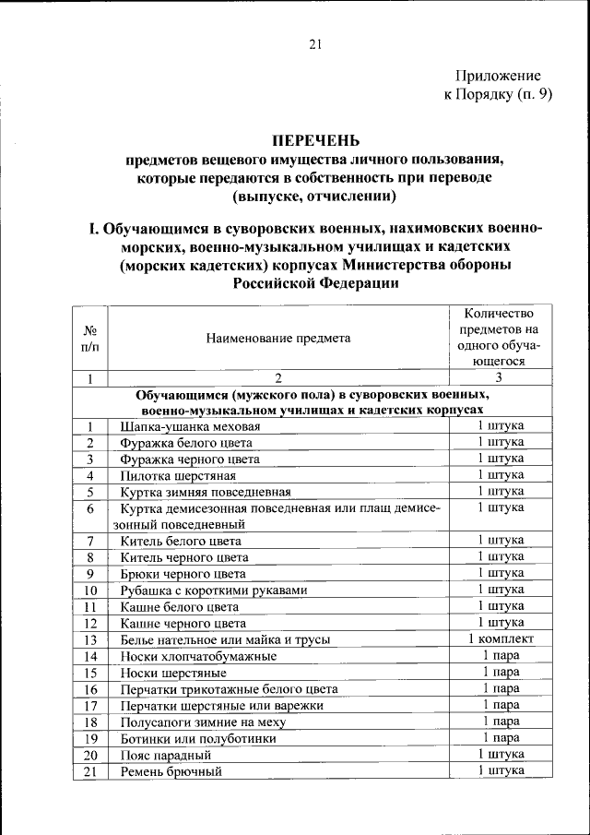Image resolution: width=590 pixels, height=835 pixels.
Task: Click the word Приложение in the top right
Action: coord(498,76)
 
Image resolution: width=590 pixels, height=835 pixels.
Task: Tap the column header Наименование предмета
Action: coord(278,338)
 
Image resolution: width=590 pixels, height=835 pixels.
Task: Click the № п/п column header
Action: coord(90,338)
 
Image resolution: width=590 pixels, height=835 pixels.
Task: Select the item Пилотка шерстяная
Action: coord(177,475)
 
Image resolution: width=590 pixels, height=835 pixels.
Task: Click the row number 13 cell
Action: coord(90,639)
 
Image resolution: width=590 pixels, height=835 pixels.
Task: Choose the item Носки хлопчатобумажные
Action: coord(198,656)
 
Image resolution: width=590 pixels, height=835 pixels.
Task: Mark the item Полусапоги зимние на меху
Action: coord(206,722)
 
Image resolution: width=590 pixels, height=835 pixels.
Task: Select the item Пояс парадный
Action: coord(165,755)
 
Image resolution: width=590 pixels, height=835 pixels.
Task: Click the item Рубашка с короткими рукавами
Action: coord(213,590)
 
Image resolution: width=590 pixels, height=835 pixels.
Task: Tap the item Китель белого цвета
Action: coord(181,541)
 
